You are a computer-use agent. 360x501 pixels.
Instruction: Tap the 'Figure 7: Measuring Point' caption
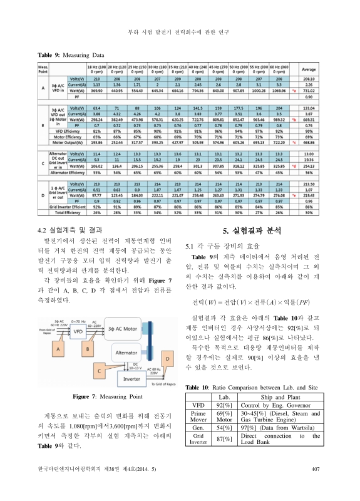click(x=108, y=397)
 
